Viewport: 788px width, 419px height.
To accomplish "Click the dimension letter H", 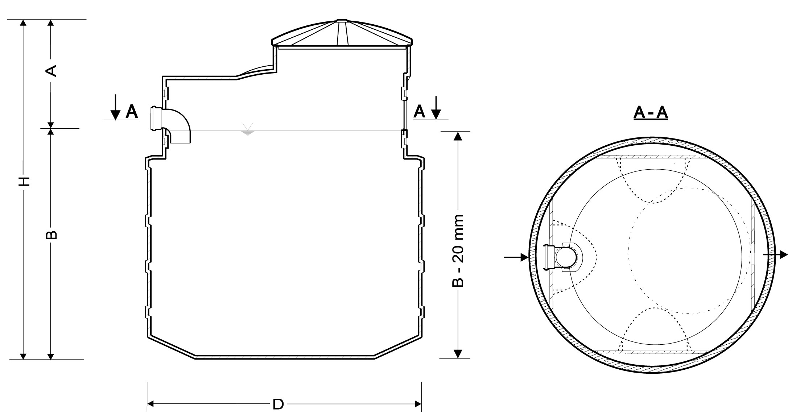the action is coord(24,181).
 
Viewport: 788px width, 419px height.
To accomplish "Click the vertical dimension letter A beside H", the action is coord(51,71).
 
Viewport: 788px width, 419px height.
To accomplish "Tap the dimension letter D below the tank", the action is coord(278,404).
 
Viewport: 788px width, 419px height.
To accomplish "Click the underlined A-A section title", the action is coord(651,113).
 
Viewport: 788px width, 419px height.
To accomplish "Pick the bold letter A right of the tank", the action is coord(419,112).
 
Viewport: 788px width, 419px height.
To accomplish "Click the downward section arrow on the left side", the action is coord(115,107).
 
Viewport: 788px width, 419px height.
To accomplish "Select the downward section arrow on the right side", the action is coord(436,107).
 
